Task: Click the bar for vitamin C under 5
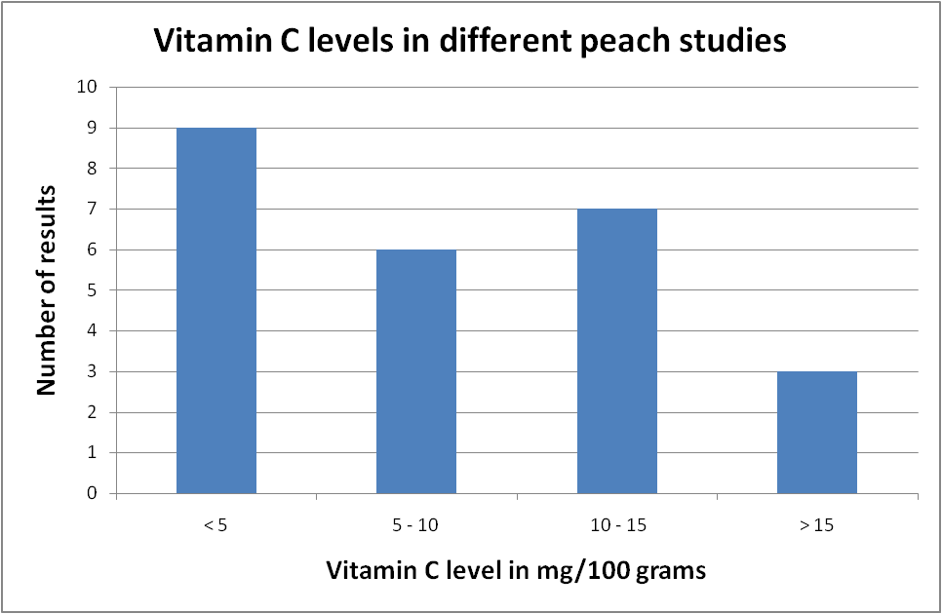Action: [x=216, y=310]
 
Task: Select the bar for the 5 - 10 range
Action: [x=416, y=371]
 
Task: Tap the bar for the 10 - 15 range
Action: [x=617, y=351]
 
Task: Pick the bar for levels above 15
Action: [x=817, y=432]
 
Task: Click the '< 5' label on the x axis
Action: [x=216, y=526]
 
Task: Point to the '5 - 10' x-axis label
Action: [x=416, y=526]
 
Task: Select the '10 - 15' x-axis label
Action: [x=617, y=526]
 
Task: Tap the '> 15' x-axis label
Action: [x=817, y=526]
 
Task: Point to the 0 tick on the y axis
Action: [x=93, y=493]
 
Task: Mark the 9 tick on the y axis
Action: [x=93, y=128]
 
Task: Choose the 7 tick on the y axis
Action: [x=93, y=209]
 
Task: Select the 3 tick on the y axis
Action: [x=93, y=371]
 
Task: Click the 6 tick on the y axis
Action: [x=93, y=249]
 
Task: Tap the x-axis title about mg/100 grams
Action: [x=516, y=571]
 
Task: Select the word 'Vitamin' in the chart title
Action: [x=203, y=42]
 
